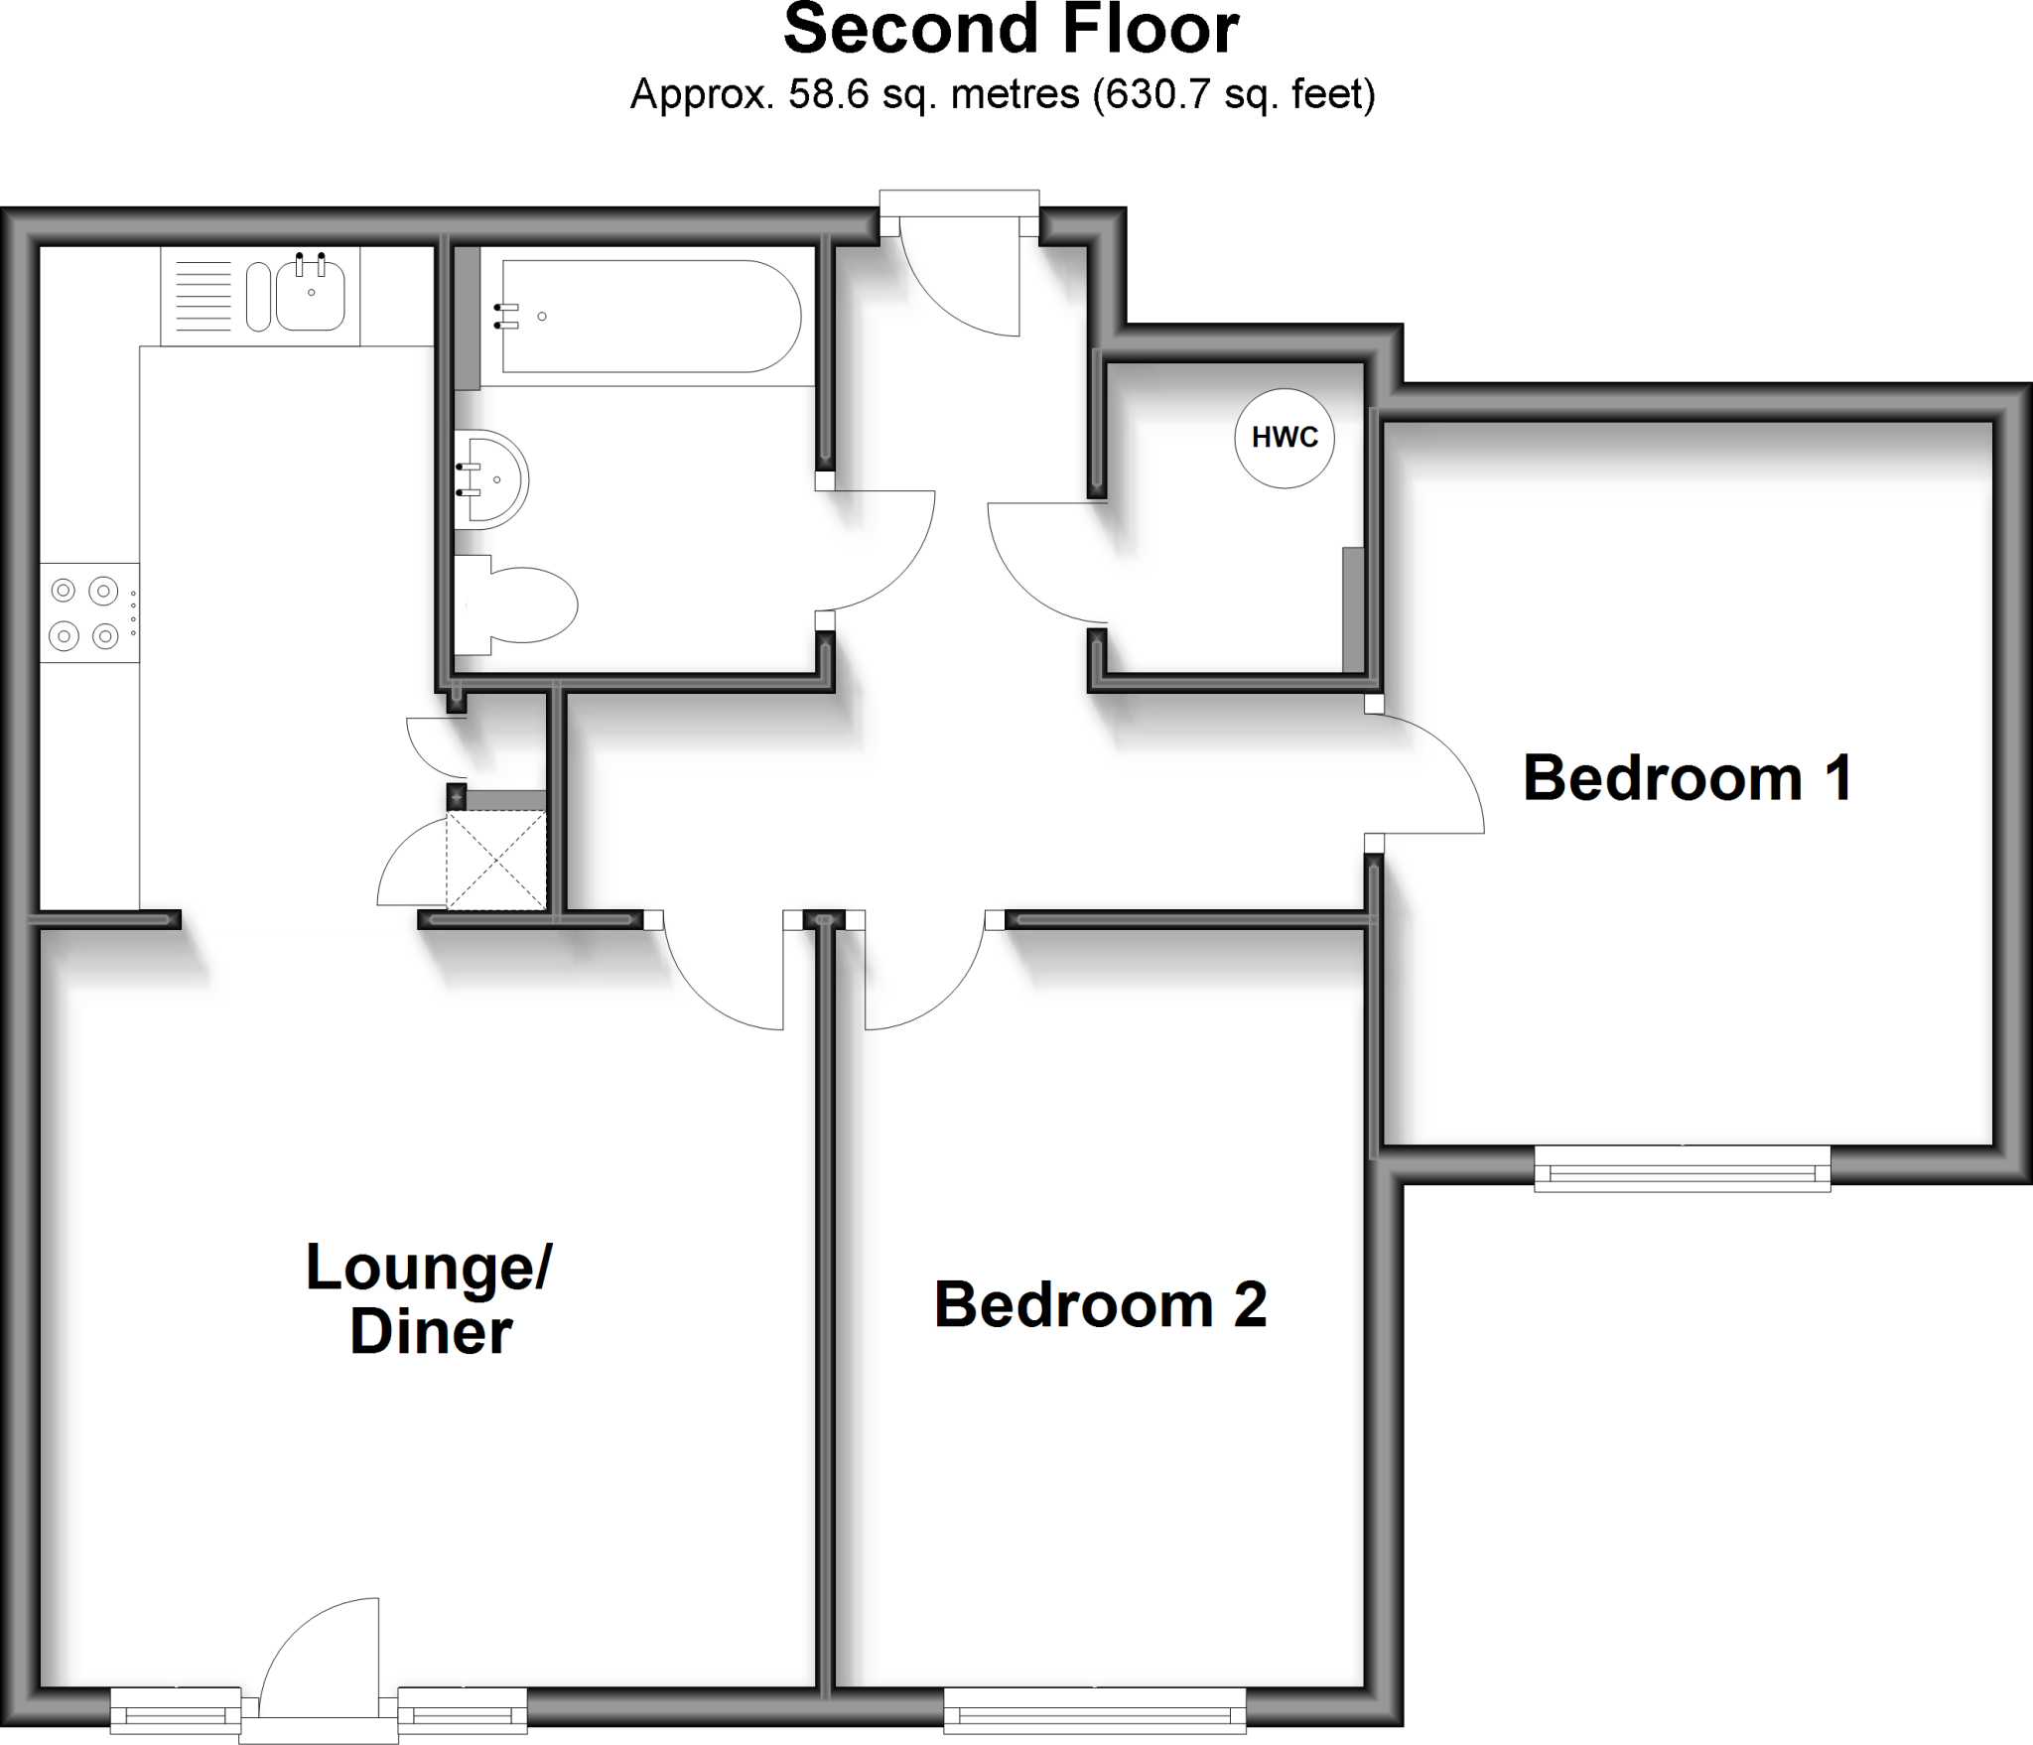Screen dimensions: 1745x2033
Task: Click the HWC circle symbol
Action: [1284, 438]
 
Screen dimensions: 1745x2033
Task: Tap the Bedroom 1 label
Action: [1688, 778]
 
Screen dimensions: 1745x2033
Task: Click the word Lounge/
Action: [429, 1268]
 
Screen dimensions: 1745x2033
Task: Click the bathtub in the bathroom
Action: [650, 316]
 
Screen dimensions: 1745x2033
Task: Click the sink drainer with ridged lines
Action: [203, 296]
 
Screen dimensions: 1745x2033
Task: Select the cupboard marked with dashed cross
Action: [496, 860]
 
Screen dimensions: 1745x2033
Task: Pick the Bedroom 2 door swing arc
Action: [923, 978]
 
